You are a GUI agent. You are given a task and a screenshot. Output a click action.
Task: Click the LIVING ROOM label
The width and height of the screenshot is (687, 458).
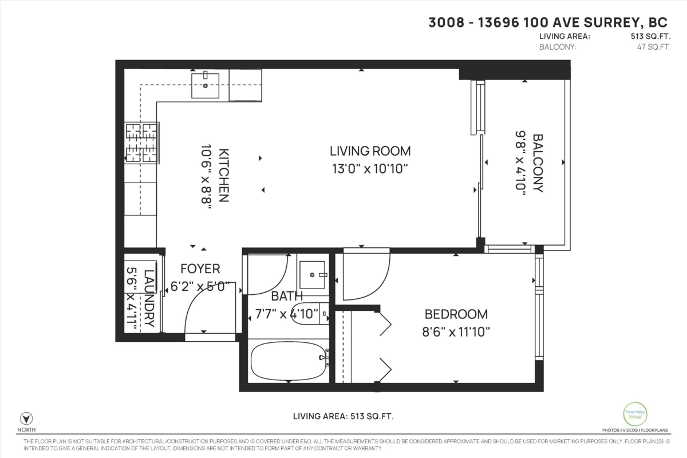370,151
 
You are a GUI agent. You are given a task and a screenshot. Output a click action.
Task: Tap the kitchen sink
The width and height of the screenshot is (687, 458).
206,85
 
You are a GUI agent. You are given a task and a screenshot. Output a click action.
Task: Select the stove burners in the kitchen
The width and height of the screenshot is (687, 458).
141,142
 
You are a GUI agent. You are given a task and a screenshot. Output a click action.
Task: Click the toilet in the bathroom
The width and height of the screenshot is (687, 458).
310,313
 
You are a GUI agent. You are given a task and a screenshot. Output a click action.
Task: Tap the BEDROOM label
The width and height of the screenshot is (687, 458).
456,314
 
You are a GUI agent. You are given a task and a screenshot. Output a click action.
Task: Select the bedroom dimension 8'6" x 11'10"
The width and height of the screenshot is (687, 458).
456,331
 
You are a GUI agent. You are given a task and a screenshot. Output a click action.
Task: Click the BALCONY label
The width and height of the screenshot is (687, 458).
538,163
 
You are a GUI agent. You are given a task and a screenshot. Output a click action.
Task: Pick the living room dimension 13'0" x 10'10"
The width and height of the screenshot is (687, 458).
370,169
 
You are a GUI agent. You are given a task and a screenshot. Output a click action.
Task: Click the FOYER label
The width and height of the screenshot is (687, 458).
200,269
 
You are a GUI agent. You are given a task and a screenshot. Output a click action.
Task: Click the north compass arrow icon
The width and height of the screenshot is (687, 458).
25,418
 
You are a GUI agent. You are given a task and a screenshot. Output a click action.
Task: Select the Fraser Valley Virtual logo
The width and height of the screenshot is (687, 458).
635,414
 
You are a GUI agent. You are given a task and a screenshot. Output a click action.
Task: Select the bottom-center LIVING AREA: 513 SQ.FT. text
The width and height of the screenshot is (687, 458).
343,416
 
